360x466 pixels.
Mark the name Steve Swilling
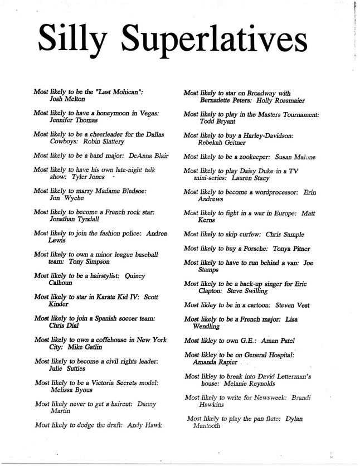[x=261, y=291]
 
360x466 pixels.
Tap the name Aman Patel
[x=282, y=341]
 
